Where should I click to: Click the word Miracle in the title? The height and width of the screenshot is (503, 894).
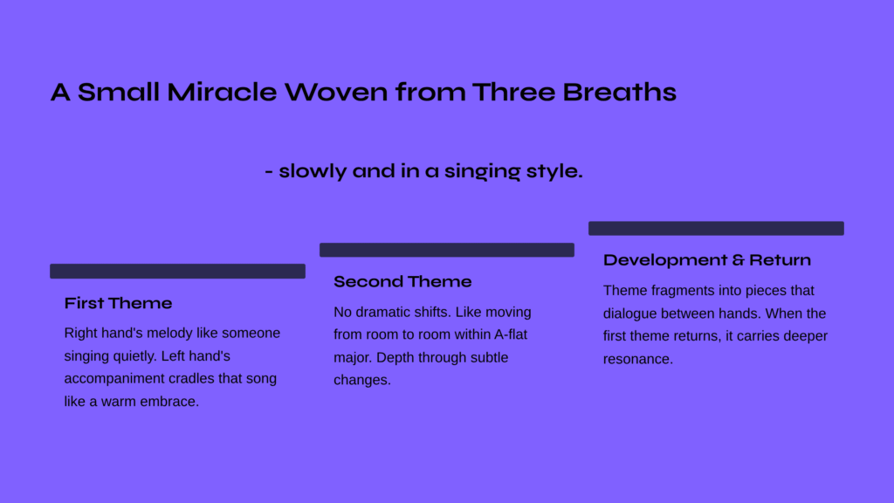click(x=222, y=92)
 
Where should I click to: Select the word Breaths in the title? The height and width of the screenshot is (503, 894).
click(x=619, y=92)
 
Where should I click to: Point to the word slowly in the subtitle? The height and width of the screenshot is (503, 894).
click(x=313, y=171)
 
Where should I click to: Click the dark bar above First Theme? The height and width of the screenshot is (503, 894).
click(x=177, y=271)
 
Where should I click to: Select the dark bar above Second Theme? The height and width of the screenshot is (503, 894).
click(x=447, y=250)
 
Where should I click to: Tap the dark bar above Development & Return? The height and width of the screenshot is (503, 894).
click(x=716, y=228)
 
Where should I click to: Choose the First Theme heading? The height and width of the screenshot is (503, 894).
click(x=118, y=303)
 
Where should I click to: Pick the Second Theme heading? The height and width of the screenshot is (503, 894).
click(x=402, y=281)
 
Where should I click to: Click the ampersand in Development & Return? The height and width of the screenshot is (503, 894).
click(x=739, y=260)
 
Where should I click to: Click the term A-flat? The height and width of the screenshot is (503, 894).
click(x=510, y=334)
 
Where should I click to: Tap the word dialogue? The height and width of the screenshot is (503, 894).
click(x=630, y=314)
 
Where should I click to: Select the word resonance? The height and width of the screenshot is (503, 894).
click(x=636, y=359)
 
